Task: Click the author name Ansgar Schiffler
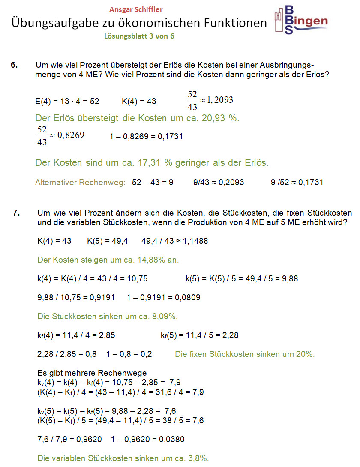(136, 9)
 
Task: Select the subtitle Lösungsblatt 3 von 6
(139, 36)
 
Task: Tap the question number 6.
(14, 65)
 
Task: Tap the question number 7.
(17, 213)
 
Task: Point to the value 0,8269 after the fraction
(71, 135)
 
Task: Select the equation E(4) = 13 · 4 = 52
(67, 102)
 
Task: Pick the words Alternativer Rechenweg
(80, 183)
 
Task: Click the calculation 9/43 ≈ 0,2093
(219, 183)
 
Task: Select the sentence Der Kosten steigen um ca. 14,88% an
(108, 260)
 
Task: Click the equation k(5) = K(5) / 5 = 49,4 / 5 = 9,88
(242, 279)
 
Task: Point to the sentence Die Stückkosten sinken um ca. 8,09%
(108, 317)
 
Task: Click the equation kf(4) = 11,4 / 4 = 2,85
(76, 335)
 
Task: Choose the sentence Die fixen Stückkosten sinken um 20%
(245, 354)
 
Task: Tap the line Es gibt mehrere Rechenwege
(92, 373)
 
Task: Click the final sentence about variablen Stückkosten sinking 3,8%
(123, 458)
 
